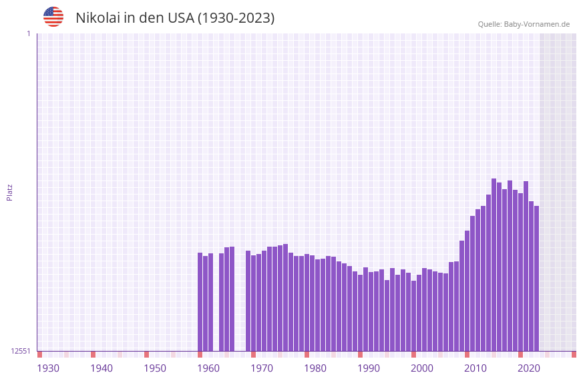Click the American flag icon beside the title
pos(53,17)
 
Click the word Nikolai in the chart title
pos(98,18)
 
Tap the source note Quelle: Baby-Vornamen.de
pos(524,24)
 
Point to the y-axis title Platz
pos(9,192)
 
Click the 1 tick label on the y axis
pos(28,33)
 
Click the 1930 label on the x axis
pos(48,368)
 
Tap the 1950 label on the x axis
pos(155,368)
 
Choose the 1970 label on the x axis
pos(262,368)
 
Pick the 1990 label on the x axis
pos(369,368)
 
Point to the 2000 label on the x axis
pos(422,368)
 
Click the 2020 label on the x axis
pos(529,368)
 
